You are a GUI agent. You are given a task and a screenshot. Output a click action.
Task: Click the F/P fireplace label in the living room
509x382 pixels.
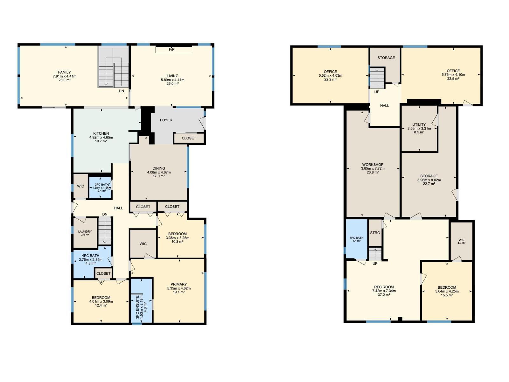[172, 50]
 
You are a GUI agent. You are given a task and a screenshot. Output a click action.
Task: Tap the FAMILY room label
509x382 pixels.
[65, 72]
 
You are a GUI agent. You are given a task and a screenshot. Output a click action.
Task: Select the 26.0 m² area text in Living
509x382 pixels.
[172, 83]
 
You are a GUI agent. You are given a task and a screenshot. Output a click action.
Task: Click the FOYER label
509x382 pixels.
[166, 120]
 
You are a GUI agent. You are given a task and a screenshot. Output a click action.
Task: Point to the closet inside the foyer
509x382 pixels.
[189, 138]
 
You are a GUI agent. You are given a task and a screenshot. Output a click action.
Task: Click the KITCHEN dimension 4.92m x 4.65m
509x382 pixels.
[101, 137]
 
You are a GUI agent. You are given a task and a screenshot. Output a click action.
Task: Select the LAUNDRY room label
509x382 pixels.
[85, 232]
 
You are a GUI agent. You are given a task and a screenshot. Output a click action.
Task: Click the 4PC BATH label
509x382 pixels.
[90, 256]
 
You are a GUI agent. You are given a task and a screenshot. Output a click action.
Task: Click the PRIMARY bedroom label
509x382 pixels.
[179, 284]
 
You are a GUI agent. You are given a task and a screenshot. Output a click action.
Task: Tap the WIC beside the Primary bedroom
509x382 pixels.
[143, 244]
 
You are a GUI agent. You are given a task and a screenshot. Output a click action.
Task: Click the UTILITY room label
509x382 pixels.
[419, 124]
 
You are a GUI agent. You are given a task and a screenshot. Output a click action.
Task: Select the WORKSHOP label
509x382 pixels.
[373, 165]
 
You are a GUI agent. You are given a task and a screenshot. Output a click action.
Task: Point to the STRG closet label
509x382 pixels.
[375, 233]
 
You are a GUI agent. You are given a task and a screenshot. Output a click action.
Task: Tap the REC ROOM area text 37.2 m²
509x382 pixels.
[384, 295]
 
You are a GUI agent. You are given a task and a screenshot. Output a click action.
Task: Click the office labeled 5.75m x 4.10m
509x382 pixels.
[453, 75]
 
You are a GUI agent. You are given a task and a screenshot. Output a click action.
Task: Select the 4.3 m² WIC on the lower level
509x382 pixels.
[461, 241]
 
